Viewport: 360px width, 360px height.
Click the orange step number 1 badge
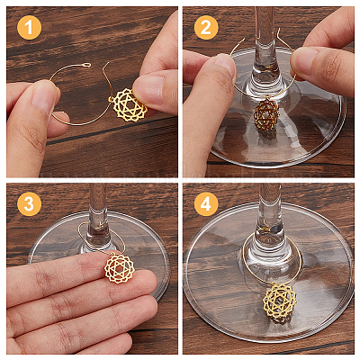(x=29, y=28)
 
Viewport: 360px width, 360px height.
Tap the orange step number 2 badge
(x=206, y=28)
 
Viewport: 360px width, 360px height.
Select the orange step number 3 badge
(x=29, y=204)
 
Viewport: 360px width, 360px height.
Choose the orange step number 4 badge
(x=206, y=204)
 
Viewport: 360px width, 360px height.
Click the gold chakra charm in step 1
(x=130, y=105)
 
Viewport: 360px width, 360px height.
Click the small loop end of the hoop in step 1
(x=86, y=65)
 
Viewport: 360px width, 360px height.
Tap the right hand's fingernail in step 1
(x=149, y=89)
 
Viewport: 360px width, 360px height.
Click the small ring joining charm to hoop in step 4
(x=274, y=284)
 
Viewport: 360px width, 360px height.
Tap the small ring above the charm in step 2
(x=267, y=97)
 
